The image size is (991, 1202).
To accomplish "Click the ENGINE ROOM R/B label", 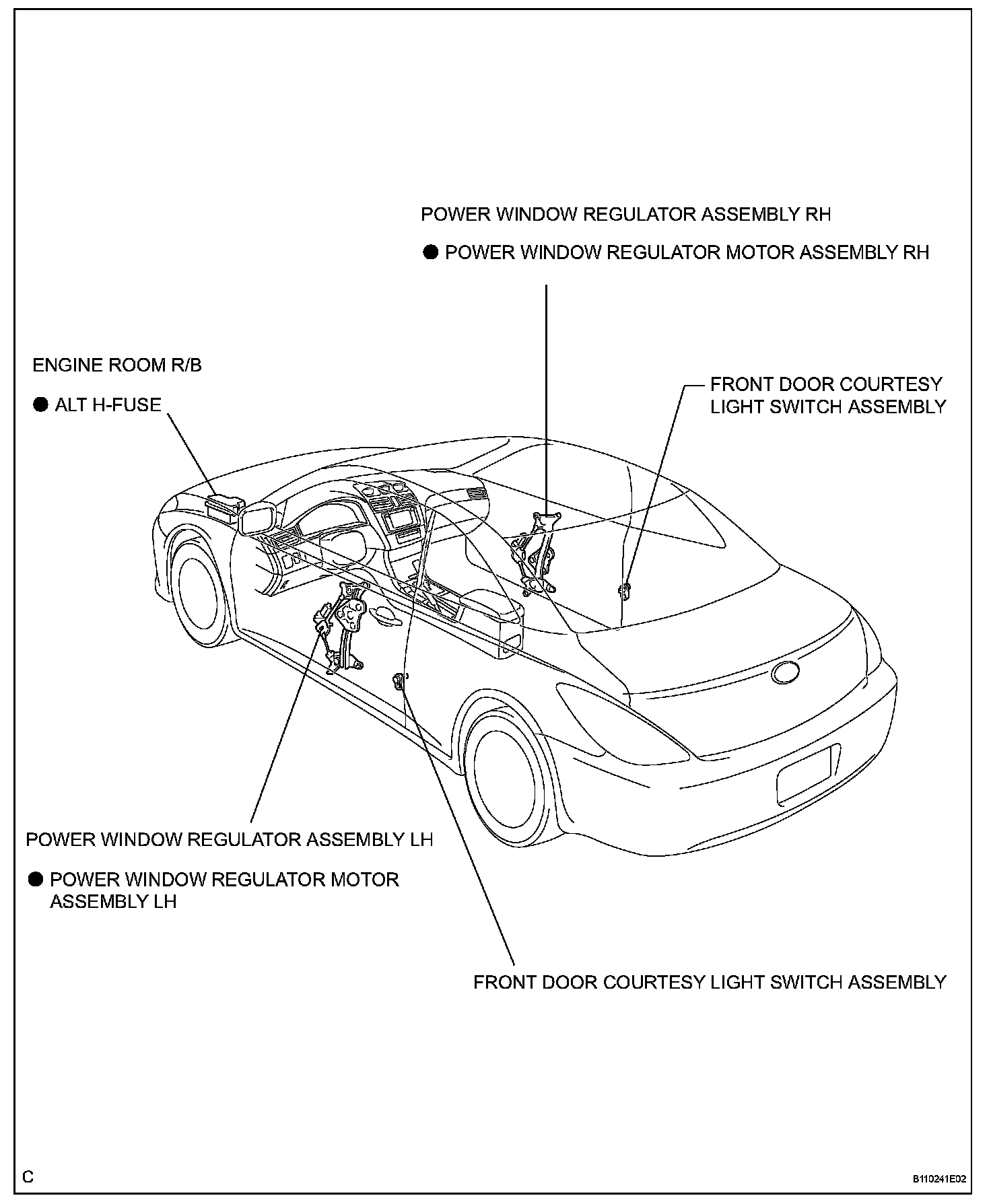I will (117, 365).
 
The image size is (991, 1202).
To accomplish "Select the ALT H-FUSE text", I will (108, 404).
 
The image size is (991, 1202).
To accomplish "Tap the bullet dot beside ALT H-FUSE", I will (40, 405).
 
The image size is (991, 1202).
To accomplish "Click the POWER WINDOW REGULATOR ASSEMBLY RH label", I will (625, 214).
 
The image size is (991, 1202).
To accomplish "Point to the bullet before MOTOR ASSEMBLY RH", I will (430, 252).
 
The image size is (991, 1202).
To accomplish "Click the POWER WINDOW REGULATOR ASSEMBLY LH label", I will (229, 839).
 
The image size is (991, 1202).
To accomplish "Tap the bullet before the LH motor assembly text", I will (36, 880).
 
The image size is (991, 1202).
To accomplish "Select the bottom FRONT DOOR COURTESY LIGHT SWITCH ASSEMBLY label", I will (710, 982).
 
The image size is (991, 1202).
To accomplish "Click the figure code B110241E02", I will (939, 1178).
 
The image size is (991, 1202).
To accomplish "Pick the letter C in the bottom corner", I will (28, 1176).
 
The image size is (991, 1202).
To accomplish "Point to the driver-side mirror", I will (257, 520).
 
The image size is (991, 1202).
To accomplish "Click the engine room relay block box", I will (224, 505).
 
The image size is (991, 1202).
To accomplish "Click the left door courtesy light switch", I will (399, 681).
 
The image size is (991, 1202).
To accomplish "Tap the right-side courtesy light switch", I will (624, 590).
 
